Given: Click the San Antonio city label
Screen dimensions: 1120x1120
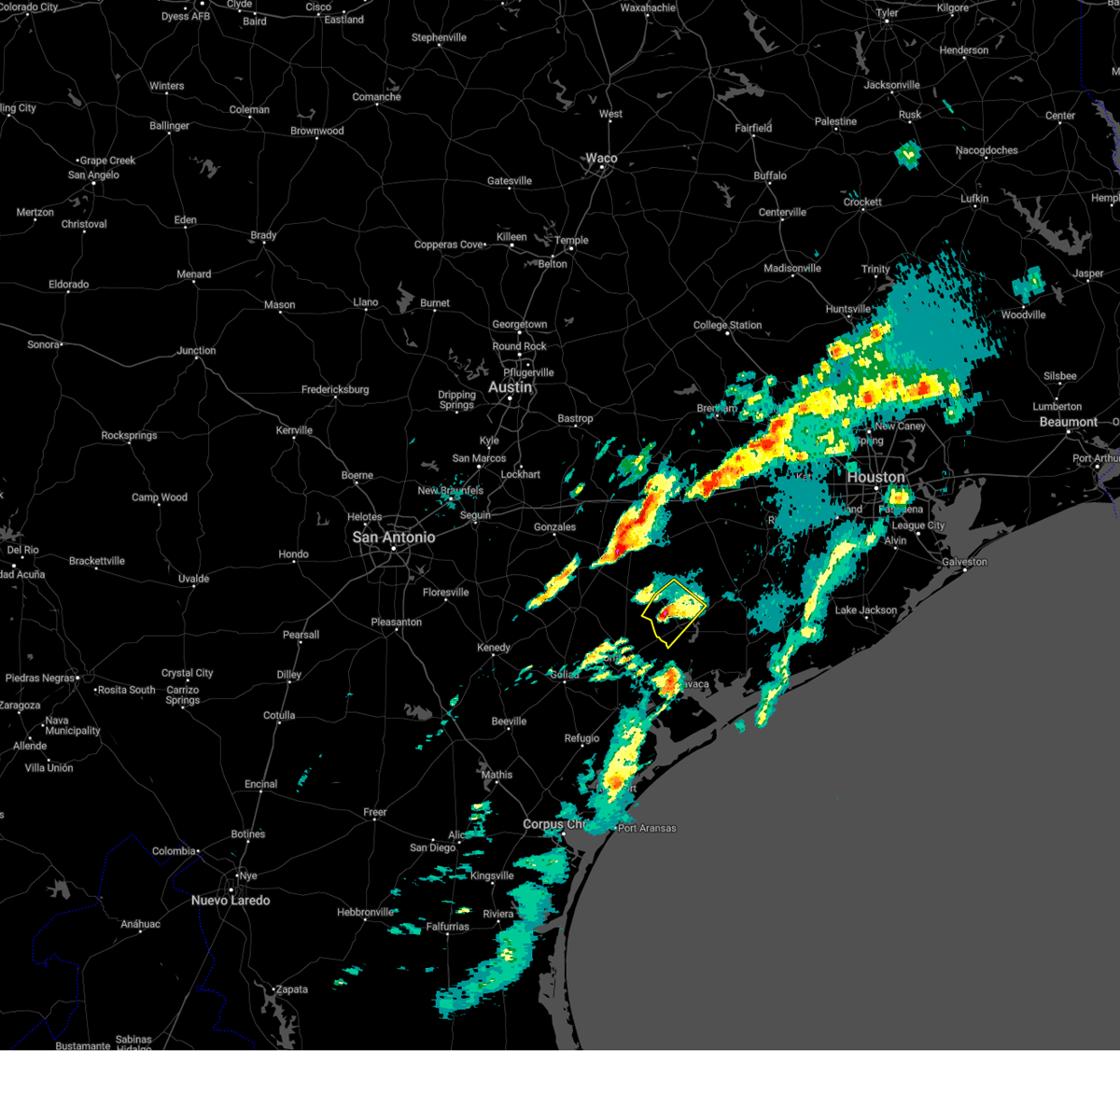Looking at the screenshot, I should coord(393,538).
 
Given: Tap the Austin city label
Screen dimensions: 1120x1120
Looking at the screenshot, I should coord(510,387).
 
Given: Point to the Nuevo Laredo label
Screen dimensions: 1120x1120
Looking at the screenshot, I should coord(231,901).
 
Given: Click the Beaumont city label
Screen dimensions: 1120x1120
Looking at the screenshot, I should coord(1069,422).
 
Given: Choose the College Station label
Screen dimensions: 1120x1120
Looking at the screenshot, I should coord(727,326).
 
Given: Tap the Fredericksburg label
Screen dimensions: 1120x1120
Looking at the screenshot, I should coord(335,390).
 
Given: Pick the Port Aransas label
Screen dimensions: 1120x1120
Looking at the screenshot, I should coord(647,829).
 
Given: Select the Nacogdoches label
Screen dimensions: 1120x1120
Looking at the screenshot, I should coord(987,150).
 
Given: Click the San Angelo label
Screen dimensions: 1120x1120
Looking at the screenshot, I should coord(93,175).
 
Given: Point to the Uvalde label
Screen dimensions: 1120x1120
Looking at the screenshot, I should coord(193,580).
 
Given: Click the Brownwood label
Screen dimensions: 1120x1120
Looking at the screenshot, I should coord(317,132).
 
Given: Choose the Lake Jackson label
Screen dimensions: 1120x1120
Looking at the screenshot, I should coord(865,610).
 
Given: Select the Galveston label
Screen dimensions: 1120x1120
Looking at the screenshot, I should coord(964,562).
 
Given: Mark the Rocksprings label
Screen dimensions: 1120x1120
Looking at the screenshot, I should coord(130,436).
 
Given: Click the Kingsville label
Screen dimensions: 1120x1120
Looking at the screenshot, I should coord(492,876).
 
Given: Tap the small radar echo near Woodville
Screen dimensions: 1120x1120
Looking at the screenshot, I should coord(1030,282).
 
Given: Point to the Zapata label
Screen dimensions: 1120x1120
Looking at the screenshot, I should coord(291,990).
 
